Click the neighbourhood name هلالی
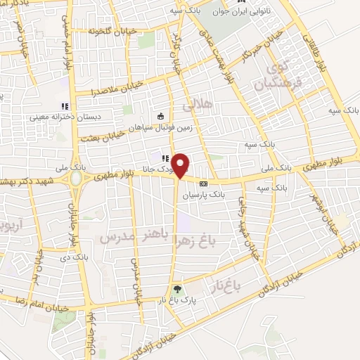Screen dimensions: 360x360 point(198,106)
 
